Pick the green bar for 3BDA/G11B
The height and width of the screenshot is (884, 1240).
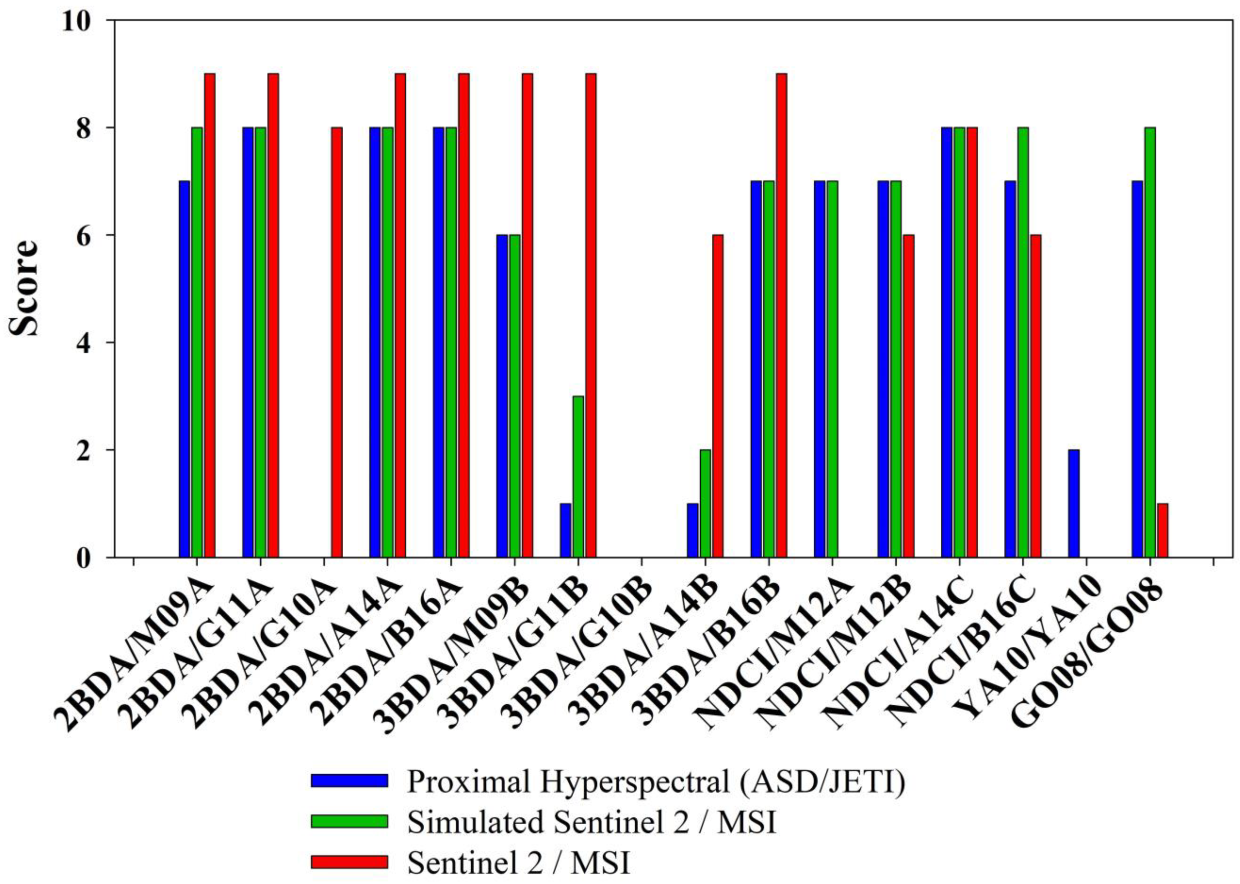(578, 476)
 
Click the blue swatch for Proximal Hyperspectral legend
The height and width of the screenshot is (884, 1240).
(349, 781)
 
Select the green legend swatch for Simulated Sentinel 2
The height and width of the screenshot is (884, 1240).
(349, 821)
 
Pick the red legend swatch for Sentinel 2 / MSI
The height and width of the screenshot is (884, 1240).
(349, 861)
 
